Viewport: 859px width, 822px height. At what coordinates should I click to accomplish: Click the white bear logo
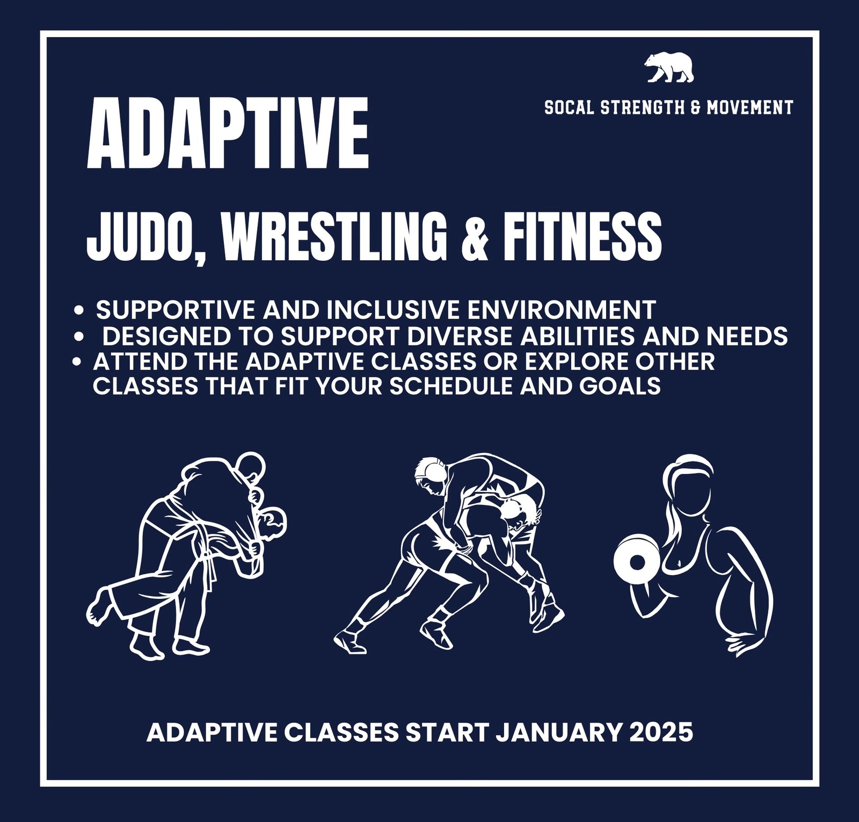(x=669, y=68)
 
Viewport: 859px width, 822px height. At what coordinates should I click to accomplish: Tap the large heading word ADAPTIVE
(x=228, y=134)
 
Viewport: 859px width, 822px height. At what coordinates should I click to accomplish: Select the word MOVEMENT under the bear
(x=749, y=108)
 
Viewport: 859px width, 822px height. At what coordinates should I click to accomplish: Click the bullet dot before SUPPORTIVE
(x=79, y=310)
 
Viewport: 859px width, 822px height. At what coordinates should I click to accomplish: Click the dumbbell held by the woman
(x=637, y=562)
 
